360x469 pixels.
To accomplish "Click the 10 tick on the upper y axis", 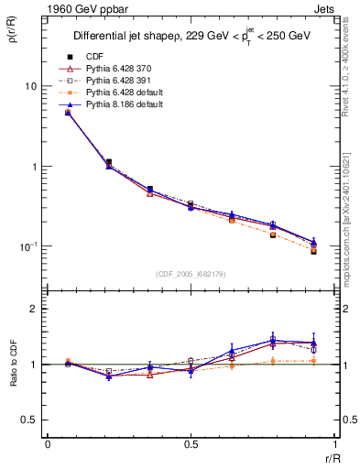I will pos(29,86).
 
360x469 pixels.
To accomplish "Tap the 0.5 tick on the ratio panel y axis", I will pos(31,420).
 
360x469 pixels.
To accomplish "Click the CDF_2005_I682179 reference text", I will pos(191,274).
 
